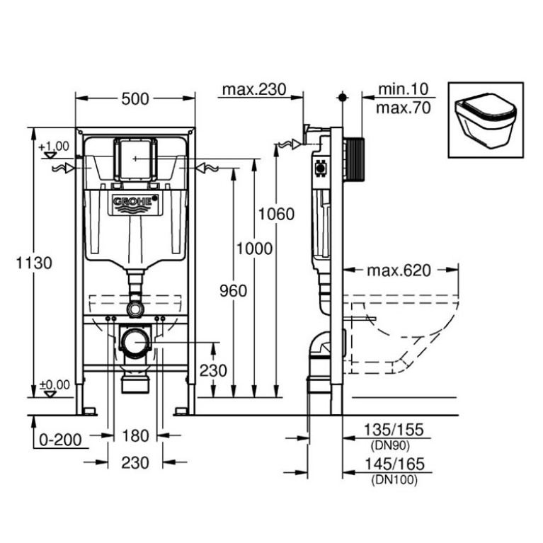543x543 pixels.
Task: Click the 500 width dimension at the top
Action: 135,98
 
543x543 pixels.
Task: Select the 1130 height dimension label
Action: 25,263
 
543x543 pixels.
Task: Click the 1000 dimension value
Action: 254,248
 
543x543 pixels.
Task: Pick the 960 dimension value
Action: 232,290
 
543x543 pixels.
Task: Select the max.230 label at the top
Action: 253,89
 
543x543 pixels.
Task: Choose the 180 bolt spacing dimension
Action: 135,434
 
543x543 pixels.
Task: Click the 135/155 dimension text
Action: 394,429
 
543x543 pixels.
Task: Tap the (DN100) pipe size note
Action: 394,479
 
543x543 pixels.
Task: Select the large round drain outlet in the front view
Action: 135,344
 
